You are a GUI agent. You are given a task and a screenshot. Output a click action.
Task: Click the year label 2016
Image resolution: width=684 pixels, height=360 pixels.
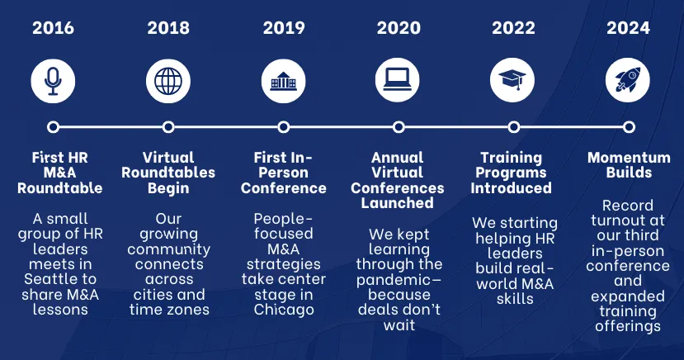(x=54, y=28)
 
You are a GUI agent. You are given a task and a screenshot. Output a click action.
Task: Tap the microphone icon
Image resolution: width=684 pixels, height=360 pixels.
(x=53, y=81)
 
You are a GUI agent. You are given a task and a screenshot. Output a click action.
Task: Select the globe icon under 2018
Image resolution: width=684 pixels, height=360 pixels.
(x=168, y=81)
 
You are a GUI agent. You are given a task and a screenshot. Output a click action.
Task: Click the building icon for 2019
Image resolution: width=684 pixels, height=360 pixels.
(x=283, y=81)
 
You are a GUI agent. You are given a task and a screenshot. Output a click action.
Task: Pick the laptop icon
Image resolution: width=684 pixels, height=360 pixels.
(x=398, y=80)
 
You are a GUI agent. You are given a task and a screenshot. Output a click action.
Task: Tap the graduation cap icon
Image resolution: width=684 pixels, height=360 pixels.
(x=512, y=80)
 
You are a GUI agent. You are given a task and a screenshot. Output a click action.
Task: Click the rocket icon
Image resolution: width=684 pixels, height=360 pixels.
(x=628, y=80)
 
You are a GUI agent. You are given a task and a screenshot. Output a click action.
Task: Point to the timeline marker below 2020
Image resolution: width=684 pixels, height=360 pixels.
(x=399, y=127)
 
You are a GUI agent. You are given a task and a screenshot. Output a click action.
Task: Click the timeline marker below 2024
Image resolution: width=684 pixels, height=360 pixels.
(x=629, y=127)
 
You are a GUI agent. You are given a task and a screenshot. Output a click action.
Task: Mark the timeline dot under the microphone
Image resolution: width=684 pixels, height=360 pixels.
(x=54, y=127)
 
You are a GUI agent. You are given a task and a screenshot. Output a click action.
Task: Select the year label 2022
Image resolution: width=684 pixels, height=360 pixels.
(x=513, y=28)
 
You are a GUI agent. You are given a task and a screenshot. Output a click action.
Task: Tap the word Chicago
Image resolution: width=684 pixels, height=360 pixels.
(x=284, y=310)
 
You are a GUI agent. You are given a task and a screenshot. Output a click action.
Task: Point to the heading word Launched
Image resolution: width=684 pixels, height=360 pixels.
(x=398, y=203)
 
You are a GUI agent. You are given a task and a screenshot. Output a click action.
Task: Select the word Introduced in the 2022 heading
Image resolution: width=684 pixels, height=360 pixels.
(x=511, y=188)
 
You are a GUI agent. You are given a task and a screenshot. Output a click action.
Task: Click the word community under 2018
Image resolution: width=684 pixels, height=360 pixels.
(x=169, y=249)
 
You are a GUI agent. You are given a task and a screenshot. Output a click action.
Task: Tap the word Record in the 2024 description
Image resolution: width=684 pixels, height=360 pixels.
(x=628, y=205)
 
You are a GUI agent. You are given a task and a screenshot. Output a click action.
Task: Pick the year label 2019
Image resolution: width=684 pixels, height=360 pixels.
(x=284, y=28)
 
